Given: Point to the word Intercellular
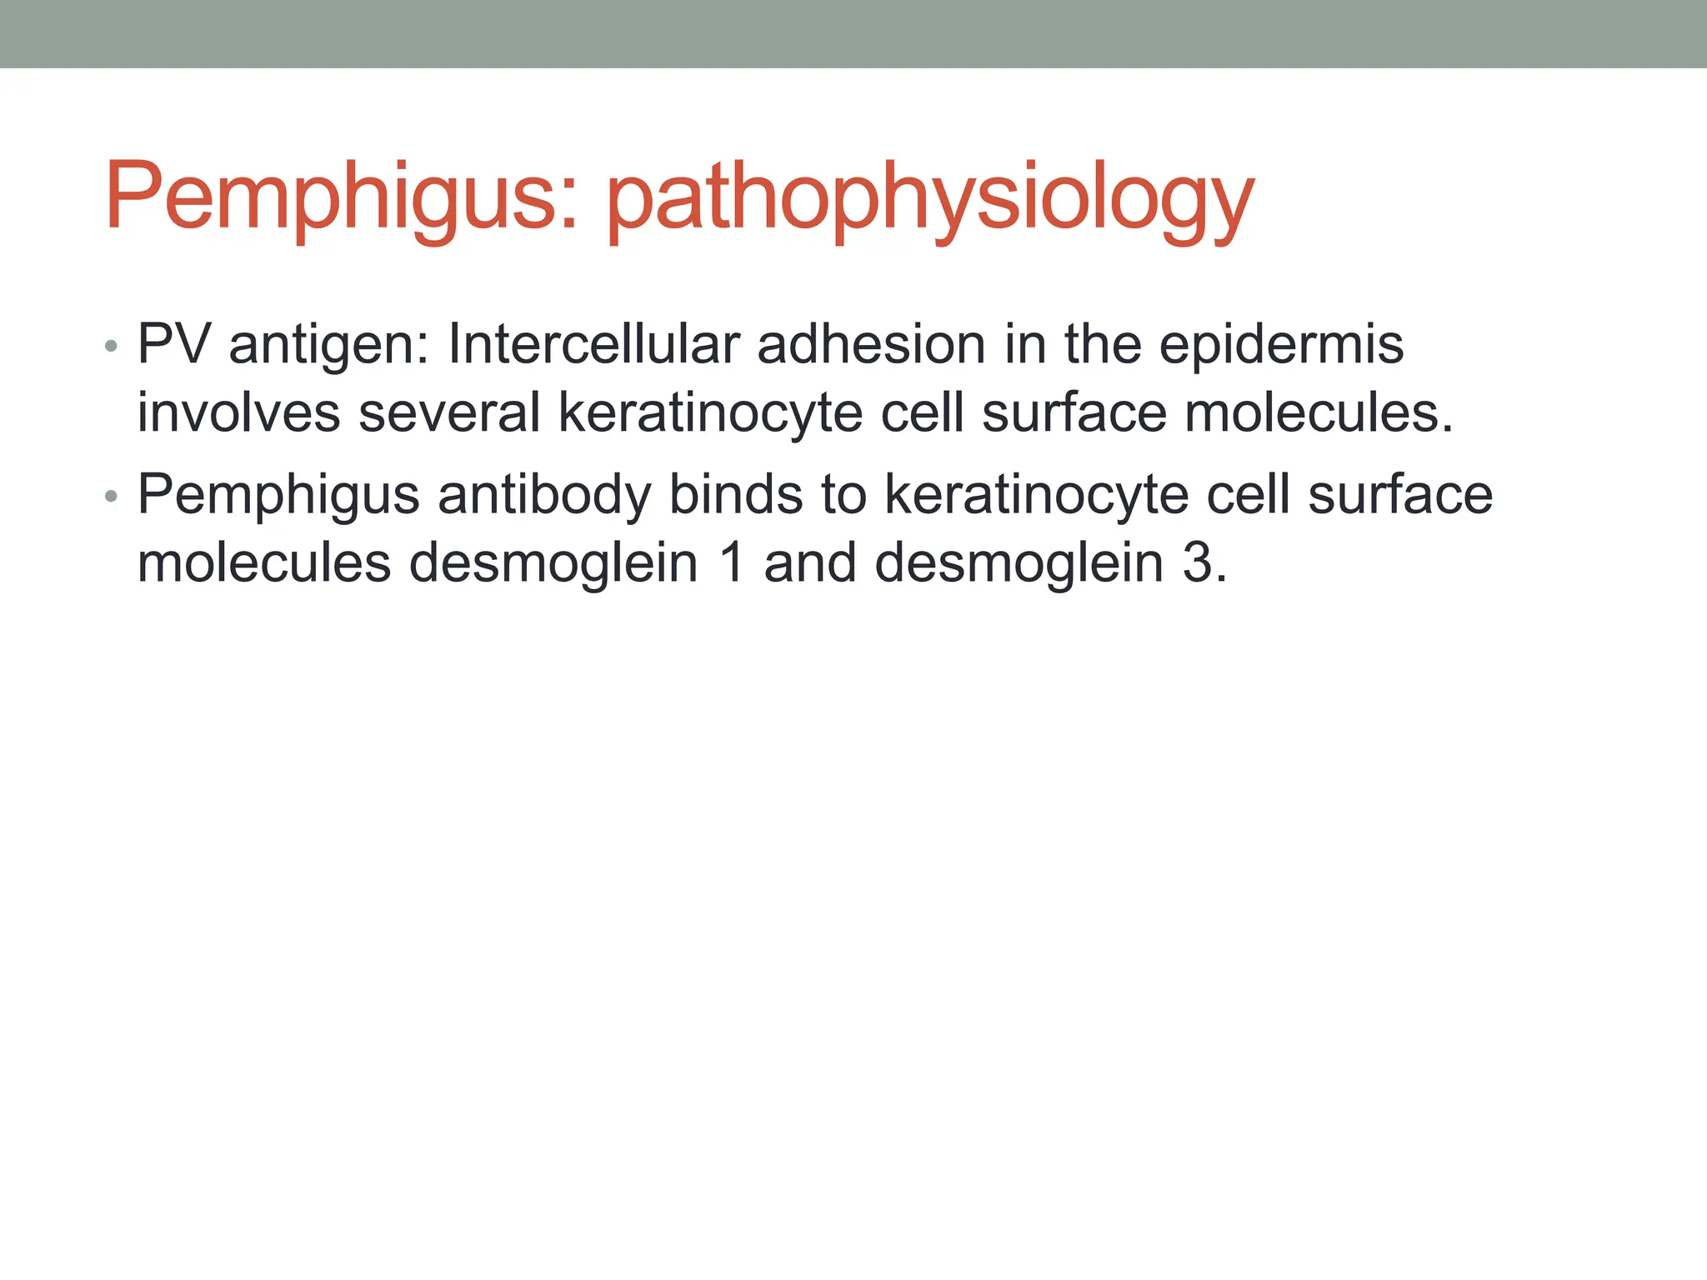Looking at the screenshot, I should pos(593,343).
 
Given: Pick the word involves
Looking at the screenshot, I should pos(238,412).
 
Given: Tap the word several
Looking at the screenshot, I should pos(449,412).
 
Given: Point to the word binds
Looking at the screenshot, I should pos(736,494).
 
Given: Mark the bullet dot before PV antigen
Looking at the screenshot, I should pos(112,346).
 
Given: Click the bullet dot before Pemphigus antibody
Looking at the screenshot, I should pos(112,497).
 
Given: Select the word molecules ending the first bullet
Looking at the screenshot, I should pos(1318,412).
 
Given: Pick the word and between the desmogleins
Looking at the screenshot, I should pos(809,562).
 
